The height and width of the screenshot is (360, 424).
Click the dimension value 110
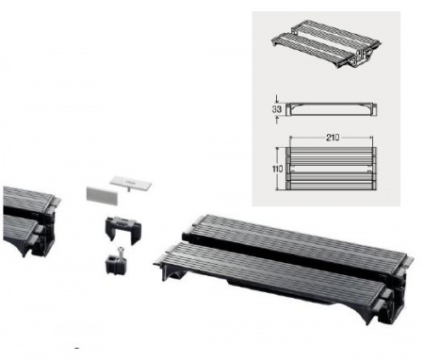(277, 167)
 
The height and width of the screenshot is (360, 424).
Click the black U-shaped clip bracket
(120, 229)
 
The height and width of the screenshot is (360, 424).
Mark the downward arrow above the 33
(277, 97)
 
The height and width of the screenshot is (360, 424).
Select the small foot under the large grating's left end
(175, 274)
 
